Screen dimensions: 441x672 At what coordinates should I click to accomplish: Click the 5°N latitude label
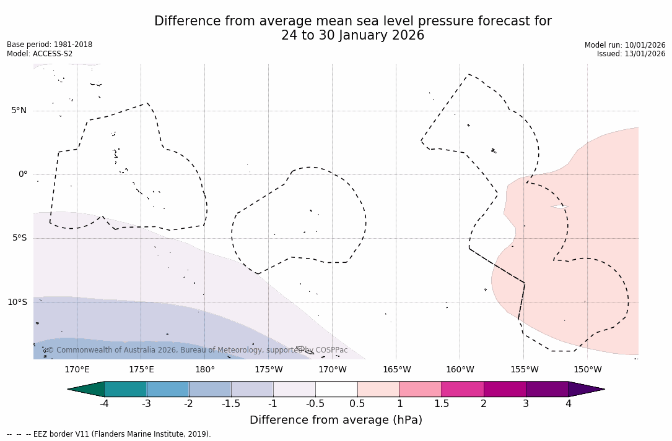pos(19,111)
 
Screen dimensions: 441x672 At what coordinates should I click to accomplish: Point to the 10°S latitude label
pos(17,302)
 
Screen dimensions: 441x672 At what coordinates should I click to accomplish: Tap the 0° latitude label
pos(23,174)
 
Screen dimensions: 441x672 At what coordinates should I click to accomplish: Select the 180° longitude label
pos(204,370)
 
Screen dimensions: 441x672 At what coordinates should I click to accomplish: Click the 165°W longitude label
pos(396,370)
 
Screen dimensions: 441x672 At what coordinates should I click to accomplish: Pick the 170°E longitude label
pos(77,370)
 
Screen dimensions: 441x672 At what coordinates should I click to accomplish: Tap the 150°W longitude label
pos(587,370)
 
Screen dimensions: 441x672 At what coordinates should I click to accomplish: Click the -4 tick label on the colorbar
pos(105,404)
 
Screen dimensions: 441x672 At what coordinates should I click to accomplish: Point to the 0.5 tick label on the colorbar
pos(357,404)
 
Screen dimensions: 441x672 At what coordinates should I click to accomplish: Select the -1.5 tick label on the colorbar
pos(231,404)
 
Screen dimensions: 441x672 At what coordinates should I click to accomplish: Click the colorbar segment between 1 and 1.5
pos(421,389)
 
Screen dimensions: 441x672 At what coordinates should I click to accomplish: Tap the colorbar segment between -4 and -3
pos(126,389)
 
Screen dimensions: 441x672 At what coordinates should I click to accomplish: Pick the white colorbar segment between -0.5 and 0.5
pos(336,389)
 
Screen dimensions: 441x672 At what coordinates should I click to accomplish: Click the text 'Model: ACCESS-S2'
pos(40,54)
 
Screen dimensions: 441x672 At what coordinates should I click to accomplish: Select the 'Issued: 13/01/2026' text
pos(631,54)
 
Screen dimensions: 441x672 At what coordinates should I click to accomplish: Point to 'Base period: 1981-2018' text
pos(50,45)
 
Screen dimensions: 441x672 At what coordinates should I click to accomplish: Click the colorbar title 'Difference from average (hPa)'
pos(336,420)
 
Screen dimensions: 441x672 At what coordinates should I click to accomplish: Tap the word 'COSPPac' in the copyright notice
pos(331,350)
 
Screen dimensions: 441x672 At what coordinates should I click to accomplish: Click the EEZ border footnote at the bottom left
pos(109,434)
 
